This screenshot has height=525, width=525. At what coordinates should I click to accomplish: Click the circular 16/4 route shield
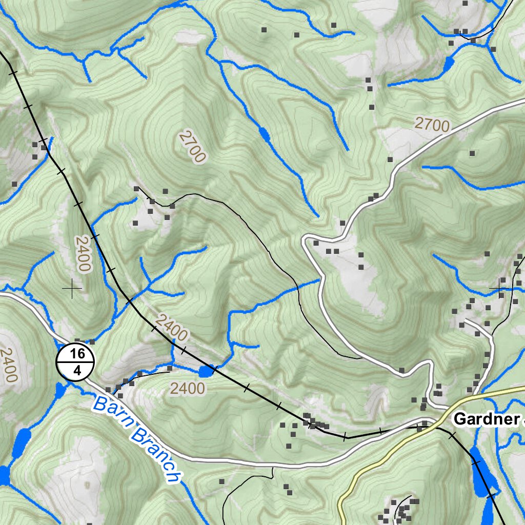75,362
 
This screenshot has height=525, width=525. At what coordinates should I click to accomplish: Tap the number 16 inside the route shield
77,354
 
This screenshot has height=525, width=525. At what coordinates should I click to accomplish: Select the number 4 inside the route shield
77,371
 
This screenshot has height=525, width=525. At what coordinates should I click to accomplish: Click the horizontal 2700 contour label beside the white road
432,124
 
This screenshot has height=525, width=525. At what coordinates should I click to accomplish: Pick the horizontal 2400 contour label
187,389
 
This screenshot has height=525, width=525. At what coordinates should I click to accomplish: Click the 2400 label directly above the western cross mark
83,254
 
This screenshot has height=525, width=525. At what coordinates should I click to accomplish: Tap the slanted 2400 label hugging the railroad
171,329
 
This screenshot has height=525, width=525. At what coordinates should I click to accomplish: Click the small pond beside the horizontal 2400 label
207,371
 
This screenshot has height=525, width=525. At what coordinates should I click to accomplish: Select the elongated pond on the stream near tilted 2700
265,134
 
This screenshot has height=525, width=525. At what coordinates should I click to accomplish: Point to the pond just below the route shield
60,391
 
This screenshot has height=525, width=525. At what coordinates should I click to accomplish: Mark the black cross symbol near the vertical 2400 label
72,289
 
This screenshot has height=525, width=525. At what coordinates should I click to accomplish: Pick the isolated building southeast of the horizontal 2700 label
472,153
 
